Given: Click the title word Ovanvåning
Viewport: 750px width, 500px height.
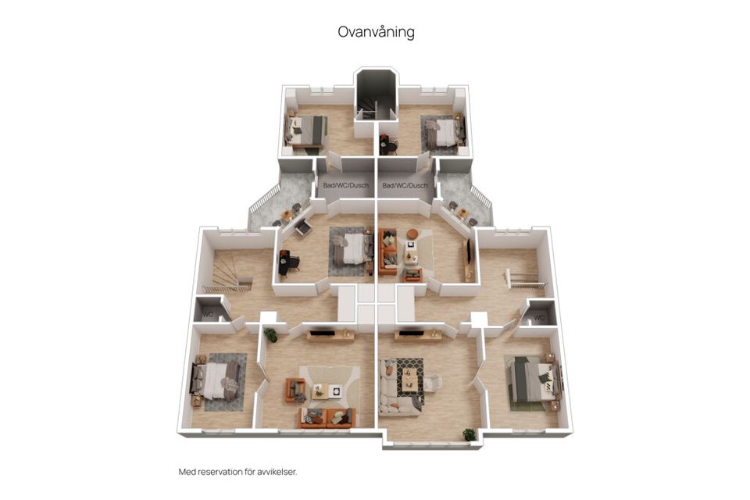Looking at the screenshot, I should pos(375,32).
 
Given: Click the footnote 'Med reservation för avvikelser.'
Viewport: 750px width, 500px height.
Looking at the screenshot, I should pos(237,472).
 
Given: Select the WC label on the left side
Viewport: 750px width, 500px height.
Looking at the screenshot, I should pos(208,315).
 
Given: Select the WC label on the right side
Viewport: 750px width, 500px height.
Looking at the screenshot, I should pos(539,317).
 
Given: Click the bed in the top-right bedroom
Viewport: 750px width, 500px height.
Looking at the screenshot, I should pos(444,131).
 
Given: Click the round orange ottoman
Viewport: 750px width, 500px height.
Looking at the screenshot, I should pos(412,234).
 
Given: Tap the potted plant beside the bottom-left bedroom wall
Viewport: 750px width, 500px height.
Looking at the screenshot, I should pos(270,335).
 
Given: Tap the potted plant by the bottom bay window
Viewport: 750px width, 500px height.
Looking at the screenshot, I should pos(469,434).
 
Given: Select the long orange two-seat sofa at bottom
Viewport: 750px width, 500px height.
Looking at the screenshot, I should pos(327,418).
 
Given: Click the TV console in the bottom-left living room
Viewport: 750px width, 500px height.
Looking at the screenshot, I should pos(330,336).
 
